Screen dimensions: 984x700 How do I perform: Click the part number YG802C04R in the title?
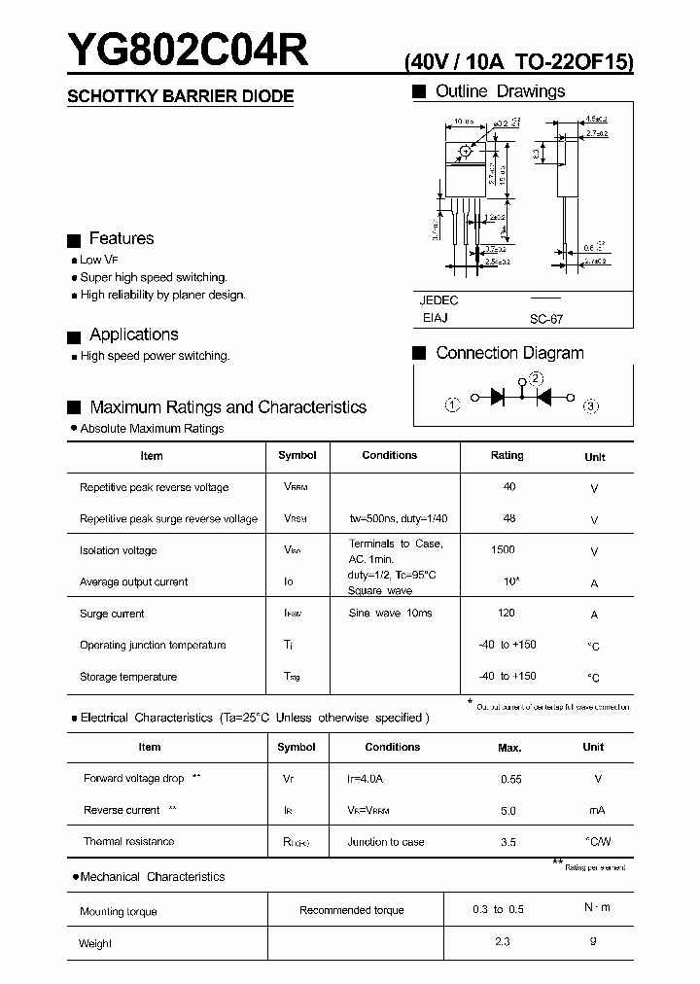tap(187, 49)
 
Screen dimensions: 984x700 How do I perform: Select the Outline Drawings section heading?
tap(500, 91)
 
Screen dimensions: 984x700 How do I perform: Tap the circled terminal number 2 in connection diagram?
tap(537, 379)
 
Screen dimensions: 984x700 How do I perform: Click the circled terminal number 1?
tap(452, 405)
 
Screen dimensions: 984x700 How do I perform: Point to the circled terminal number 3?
tap(590, 405)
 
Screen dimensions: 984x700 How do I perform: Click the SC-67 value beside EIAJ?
tap(546, 319)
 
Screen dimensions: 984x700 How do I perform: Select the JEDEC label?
tap(439, 300)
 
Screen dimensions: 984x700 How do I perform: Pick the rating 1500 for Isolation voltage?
tap(503, 549)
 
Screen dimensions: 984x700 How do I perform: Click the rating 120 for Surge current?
tap(506, 614)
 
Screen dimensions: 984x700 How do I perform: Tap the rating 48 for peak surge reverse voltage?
tap(509, 518)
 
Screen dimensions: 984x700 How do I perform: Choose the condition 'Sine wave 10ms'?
tap(390, 614)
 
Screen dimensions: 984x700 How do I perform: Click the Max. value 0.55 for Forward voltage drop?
tap(511, 779)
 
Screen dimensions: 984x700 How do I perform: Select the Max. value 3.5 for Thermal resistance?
tap(508, 842)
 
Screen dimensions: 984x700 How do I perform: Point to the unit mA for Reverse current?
tap(597, 811)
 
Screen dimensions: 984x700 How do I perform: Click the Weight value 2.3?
tap(502, 941)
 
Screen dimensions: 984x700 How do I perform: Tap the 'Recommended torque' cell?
tap(352, 910)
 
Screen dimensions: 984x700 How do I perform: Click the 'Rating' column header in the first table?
tap(507, 455)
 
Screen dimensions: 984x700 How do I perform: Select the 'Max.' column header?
tap(509, 748)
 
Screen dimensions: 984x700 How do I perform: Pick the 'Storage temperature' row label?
tap(128, 677)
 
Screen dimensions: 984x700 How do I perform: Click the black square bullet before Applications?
tap(73, 337)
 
